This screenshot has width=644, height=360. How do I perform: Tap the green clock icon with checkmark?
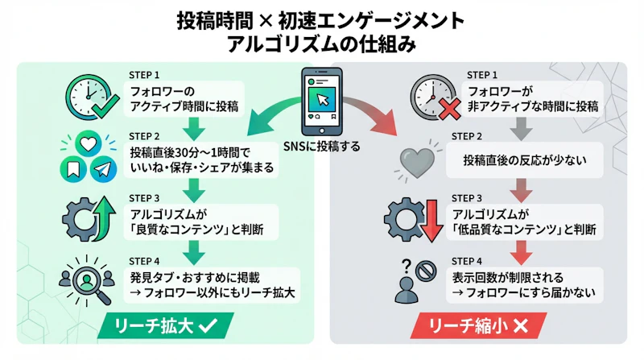point(86,97)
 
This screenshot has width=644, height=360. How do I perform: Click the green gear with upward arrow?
point(86,217)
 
